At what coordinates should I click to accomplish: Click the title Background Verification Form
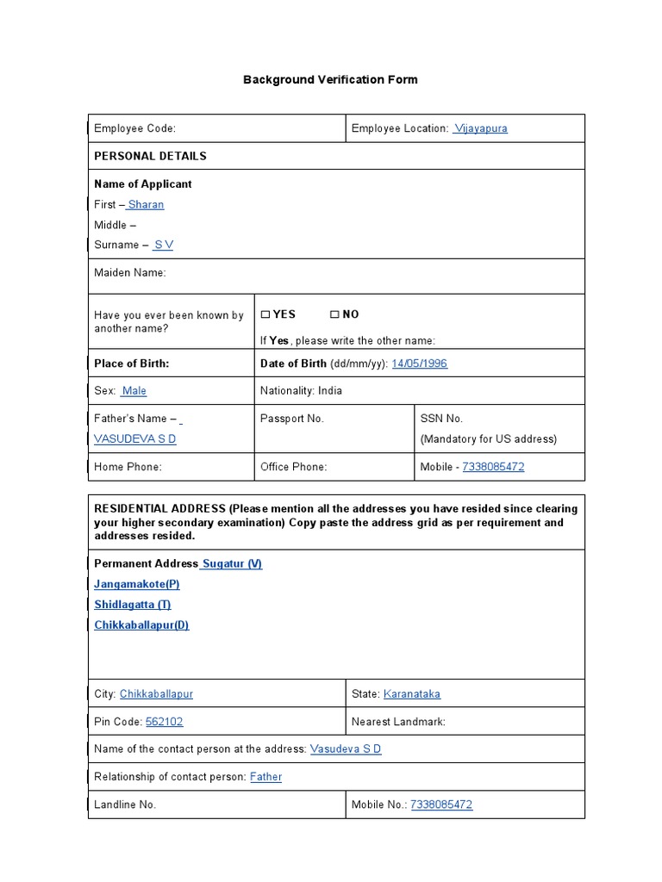(330, 79)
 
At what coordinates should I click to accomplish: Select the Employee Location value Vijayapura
(481, 128)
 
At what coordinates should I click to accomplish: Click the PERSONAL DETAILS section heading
(150, 156)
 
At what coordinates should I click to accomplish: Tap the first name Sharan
(146, 204)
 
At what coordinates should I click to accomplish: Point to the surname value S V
(163, 245)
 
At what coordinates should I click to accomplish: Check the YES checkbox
(265, 315)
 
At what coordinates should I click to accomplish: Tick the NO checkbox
(334, 315)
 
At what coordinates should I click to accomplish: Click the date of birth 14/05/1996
(419, 363)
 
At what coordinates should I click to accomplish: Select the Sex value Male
(134, 391)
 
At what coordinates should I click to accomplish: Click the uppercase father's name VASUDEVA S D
(135, 439)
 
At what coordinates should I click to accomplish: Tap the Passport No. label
(291, 419)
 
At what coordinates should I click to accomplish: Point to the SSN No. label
(441, 419)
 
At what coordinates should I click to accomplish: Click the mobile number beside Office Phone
(493, 467)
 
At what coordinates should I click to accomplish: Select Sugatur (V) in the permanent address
(231, 563)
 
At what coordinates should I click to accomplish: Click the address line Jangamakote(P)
(137, 584)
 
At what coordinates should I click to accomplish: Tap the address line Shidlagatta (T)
(133, 605)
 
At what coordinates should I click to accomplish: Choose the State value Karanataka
(411, 694)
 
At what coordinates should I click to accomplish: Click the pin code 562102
(164, 722)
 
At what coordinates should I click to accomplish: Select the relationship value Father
(265, 777)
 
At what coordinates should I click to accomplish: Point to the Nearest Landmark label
(398, 722)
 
